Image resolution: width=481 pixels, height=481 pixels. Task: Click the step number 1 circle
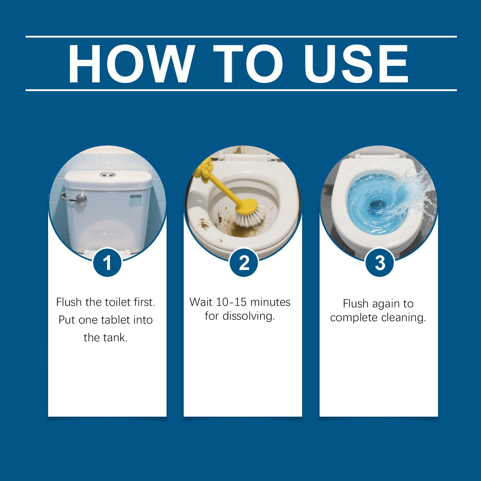tap(107, 262)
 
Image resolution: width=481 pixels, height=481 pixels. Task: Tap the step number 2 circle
tap(244, 262)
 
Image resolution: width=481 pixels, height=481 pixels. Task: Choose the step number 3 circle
tap(380, 262)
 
